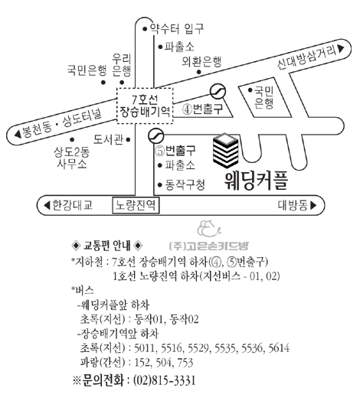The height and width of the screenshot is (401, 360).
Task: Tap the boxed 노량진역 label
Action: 136,205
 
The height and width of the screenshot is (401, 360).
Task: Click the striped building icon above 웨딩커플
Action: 226,150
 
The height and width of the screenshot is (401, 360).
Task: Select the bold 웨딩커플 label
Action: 257,181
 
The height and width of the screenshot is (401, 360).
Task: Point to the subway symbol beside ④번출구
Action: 218,91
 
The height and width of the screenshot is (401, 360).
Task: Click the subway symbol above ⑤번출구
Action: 155,135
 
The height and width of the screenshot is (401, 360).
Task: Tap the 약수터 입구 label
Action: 177,28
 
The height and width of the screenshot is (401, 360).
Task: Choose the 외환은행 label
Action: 201,62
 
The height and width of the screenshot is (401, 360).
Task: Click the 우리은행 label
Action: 122,65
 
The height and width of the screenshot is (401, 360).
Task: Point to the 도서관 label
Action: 108,139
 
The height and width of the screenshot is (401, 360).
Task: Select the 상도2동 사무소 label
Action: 72,158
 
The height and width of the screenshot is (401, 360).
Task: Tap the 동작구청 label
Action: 185,184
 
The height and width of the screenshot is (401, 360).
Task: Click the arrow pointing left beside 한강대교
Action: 47,205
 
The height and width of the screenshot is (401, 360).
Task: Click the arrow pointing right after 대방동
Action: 313,205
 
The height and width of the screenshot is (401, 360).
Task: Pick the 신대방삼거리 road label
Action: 306,57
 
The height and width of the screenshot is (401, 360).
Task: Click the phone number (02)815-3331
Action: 165,380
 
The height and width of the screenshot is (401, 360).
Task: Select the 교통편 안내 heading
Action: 106,246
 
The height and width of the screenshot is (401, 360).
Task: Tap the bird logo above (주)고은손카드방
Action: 208,228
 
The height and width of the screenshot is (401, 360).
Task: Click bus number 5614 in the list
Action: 279,348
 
